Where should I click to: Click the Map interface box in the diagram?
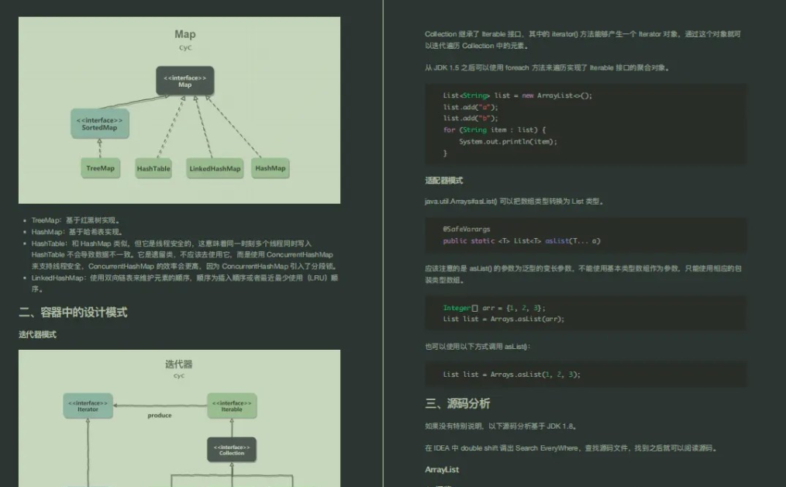184,81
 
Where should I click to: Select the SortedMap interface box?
99,123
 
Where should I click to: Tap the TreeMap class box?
100,168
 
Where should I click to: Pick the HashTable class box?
153,168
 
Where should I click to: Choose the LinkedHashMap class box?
215,168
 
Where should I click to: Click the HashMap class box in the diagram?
271,168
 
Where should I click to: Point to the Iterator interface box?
88,406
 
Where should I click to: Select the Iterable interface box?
231,406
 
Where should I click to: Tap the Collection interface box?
231,450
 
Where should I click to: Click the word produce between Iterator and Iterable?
160,415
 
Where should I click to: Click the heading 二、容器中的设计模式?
73,313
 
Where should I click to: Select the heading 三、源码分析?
457,403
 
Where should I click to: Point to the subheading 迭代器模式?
37,334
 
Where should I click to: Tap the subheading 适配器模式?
443,180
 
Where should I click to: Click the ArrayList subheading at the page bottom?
442,469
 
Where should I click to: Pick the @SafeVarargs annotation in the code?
466,230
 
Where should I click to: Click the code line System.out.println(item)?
508,142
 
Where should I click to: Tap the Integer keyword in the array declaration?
457,308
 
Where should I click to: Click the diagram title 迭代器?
179,364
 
